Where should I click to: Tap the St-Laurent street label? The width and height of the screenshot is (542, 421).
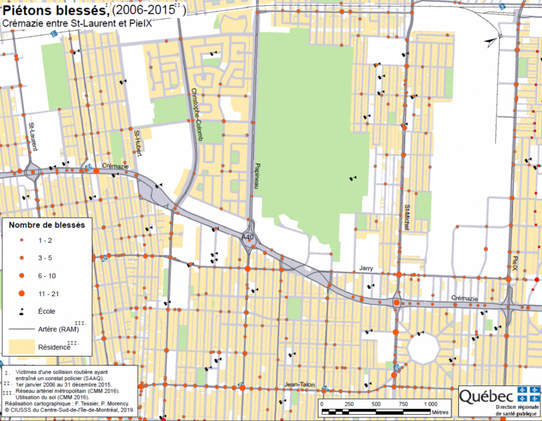(x=33, y=136)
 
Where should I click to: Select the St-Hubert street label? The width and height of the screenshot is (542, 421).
(x=138, y=143)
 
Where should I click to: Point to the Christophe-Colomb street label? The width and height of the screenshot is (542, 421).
(x=197, y=115)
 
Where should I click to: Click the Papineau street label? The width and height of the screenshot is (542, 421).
(x=257, y=176)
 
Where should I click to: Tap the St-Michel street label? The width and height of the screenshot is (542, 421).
(x=407, y=217)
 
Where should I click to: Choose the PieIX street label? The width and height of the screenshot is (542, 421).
(x=515, y=263)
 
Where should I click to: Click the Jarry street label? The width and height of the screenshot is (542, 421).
(x=366, y=268)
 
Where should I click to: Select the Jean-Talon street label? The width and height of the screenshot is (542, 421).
(x=299, y=384)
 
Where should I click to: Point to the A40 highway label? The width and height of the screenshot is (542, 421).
(x=247, y=237)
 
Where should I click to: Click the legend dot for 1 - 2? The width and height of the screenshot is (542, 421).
(x=22, y=240)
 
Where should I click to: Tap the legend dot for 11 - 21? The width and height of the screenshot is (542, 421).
(x=22, y=293)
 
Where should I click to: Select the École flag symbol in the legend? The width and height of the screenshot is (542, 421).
(x=22, y=312)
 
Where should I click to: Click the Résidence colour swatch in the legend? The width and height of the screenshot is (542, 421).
(x=22, y=347)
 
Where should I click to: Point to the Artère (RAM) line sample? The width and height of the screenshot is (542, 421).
(x=22, y=329)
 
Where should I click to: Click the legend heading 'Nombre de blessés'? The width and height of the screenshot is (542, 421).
(x=47, y=225)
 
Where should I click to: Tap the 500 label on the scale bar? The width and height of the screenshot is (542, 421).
(x=376, y=404)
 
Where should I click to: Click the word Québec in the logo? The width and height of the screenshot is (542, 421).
(x=486, y=397)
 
